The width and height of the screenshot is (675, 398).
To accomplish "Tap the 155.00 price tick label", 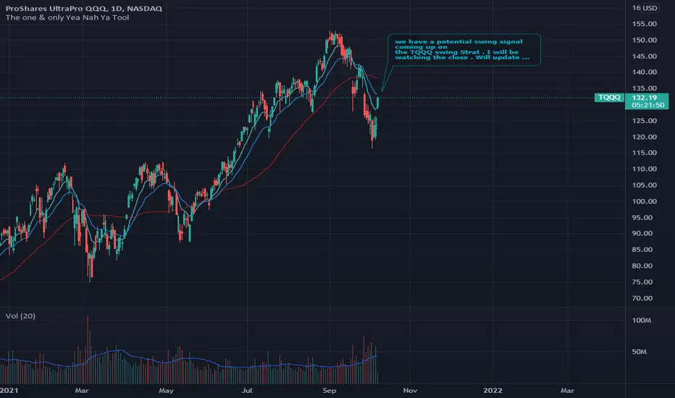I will (645, 23).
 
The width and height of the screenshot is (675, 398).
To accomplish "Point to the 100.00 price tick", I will (645, 201).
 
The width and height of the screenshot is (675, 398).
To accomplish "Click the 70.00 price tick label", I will (645, 298).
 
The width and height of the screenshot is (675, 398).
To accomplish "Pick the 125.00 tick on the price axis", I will (645, 120).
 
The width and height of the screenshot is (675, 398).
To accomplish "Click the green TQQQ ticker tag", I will (608, 97).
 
